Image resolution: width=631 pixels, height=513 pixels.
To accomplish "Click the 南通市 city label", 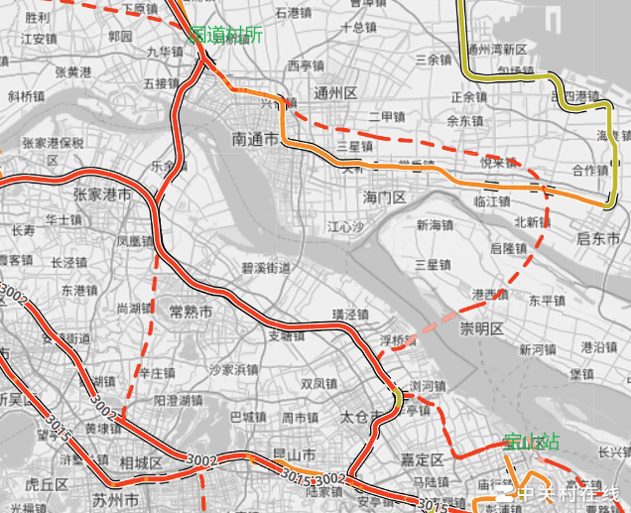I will click(x=254, y=140).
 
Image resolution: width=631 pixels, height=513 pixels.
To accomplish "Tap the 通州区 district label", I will click(x=334, y=92).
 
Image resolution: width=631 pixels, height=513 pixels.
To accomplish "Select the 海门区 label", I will click(x=385, y=197).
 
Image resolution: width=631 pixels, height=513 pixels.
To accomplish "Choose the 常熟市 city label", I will click(x=190, y=311).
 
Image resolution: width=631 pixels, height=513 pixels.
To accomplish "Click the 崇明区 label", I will click(x=482, y=328).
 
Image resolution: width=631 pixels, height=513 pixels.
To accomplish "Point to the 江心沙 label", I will click(x=346, y=227).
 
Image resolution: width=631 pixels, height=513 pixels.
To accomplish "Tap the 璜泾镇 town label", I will click(x=349, y=315).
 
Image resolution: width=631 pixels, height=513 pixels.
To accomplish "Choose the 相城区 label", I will click(x=140, y=462).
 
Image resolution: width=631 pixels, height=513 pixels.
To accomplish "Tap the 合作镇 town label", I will click(x=589, y=170).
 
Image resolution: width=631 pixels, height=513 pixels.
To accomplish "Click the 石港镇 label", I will click(x=294, y=13).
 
